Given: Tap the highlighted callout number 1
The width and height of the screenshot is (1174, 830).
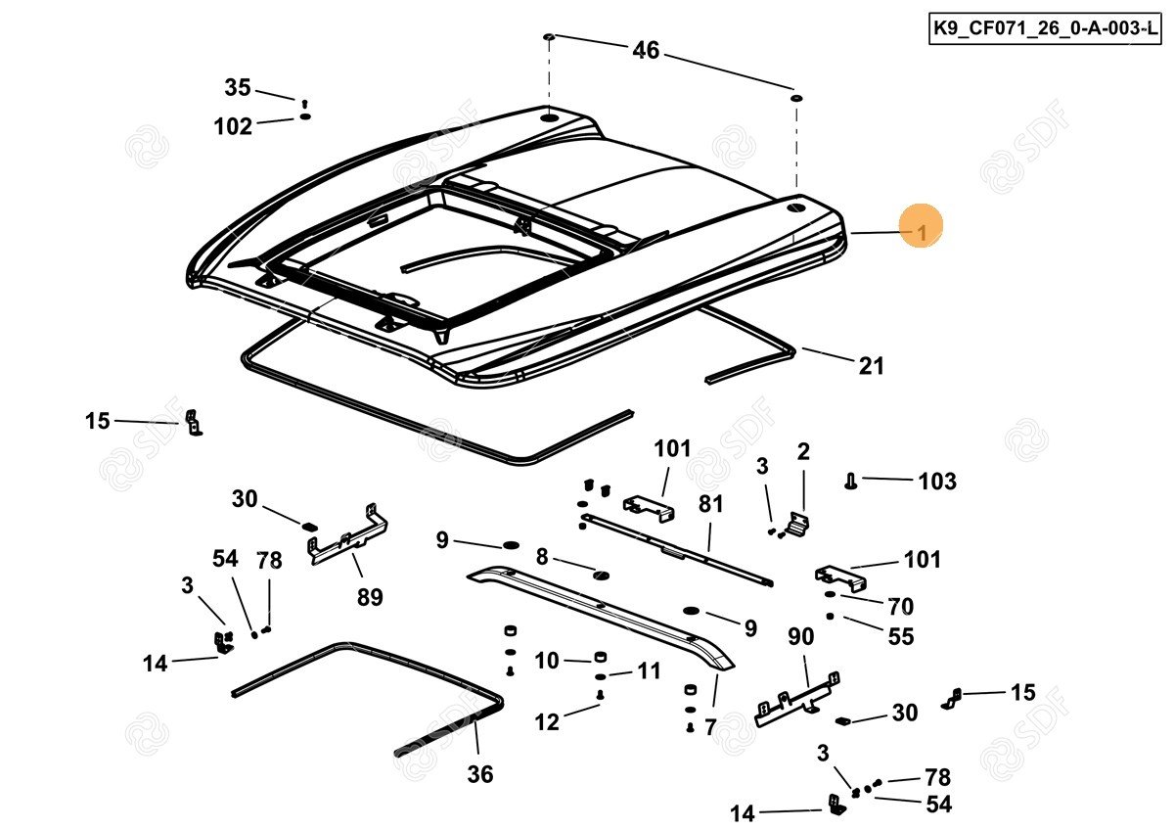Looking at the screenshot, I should click(920, 231).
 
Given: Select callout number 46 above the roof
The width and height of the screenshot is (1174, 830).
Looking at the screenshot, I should click(646, 50).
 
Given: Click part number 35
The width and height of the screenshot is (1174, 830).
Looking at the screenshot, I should click(238, 88).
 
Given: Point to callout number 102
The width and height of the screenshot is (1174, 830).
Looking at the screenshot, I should click(233, 126).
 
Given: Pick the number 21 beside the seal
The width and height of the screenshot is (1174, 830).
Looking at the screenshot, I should click(871, 366).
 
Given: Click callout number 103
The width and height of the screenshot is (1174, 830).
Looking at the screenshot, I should click(936, 481).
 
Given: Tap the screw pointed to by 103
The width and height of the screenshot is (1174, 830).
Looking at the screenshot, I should click(849, 480).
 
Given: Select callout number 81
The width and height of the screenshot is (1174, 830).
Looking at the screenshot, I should click(710, 505).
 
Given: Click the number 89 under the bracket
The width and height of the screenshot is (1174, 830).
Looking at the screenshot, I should click(369, 596).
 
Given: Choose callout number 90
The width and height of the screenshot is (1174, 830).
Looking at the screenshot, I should click(800, 636).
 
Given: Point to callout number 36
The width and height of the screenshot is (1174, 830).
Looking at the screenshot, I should click(479, 774).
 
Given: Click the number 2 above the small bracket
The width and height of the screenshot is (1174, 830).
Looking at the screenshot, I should click(803, 451).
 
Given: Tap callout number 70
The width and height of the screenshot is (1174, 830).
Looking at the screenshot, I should click(900, 606).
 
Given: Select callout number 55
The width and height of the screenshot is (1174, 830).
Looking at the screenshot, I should click(900, 636).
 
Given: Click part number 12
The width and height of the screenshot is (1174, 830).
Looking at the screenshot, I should click(547, 722).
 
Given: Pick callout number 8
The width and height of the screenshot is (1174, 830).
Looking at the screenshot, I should click(541, 557).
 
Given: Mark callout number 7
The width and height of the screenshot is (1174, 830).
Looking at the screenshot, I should click(710, 727).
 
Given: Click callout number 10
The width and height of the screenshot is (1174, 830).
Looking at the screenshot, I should click(546, 661).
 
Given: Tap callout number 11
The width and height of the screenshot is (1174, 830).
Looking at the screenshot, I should click(649, 670).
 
